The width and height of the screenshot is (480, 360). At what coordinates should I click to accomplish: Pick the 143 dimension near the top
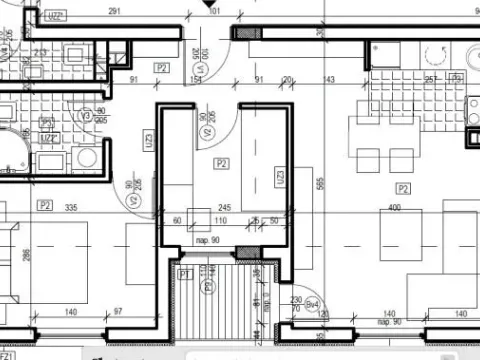coord(328,80)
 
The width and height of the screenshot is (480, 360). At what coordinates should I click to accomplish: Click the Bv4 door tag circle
coord(312,302)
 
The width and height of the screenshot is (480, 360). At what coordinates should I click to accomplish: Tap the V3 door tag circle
coord(85,115)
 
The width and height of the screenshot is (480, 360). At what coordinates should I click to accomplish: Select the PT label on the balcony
coord(185,272)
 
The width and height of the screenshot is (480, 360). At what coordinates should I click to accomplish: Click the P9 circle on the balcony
coord(208,287)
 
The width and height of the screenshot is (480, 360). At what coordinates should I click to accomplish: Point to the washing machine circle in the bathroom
coord(87,157)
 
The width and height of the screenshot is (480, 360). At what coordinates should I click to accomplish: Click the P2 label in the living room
coord(403,187)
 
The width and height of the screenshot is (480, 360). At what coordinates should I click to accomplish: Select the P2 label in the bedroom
coord(44,205)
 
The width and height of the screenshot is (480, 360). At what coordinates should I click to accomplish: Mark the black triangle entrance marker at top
coord(191,11)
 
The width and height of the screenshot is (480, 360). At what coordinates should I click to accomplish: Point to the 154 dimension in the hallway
coord(196,80)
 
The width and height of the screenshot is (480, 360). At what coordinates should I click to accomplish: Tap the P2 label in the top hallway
coord(161,67)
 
